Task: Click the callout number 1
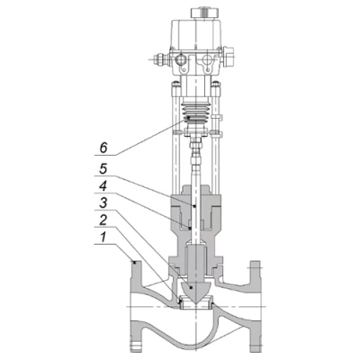click(103, 238)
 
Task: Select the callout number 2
click(103, 220)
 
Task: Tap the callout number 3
click(103, 203)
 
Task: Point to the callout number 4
click(103, 186)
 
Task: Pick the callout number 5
click(103, 169)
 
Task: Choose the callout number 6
click(103, 148)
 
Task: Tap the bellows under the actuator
click(195, 113)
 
